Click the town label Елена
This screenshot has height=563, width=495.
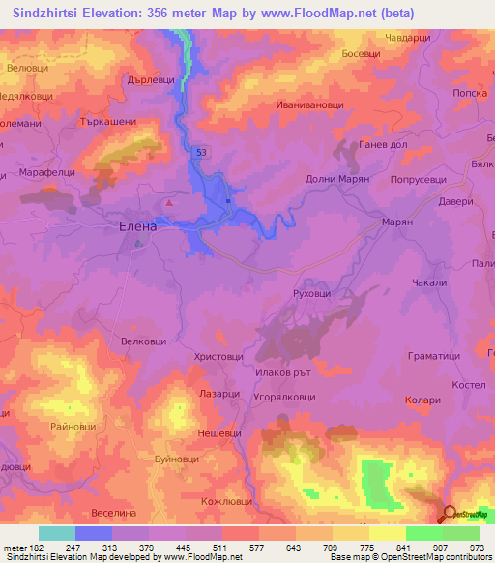click(x=136, y=225)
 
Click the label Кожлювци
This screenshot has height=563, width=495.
click(x=222, y=501)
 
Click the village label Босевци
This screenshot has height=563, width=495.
click(x=361, y=55)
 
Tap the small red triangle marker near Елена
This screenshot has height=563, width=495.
click(x=170, y=202)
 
